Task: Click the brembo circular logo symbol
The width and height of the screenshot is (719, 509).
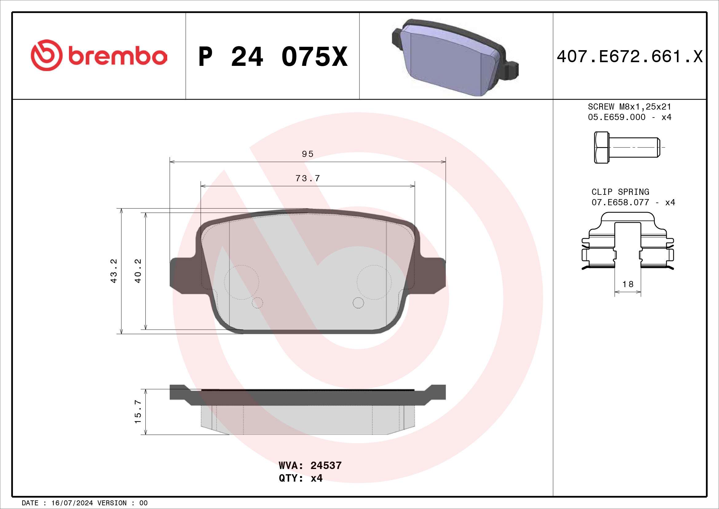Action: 46,55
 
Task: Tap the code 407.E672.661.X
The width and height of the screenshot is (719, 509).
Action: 630,57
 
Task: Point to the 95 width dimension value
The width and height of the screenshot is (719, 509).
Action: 307,154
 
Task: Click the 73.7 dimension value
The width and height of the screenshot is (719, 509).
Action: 307,178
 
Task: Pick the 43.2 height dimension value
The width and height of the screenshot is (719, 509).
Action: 113,271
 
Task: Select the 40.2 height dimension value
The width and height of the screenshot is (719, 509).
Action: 138,271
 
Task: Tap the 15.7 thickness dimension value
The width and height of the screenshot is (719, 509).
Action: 138,411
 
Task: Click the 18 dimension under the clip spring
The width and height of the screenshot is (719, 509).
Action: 628,284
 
